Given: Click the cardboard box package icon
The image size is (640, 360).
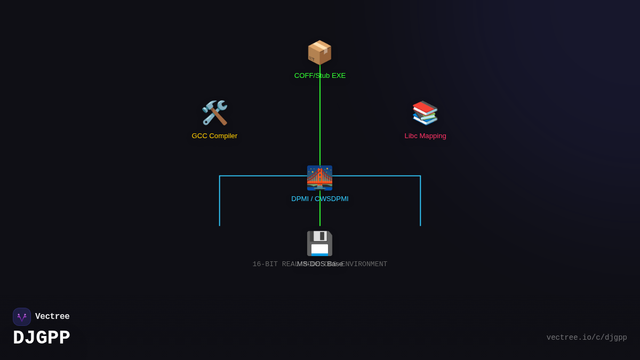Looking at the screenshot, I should pos(319,52).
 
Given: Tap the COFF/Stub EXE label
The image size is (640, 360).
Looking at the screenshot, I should pos(319,76).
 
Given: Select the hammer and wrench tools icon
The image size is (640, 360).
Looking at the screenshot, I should pos(214,113).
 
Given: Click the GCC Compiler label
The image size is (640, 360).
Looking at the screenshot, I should pos(214,136).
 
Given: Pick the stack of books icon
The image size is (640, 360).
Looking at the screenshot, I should pos(425,113).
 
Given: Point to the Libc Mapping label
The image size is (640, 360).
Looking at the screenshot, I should pos(425,136).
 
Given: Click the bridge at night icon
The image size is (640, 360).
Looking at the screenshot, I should pos(319,178).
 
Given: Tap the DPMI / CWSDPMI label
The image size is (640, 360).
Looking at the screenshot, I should pos(319,199).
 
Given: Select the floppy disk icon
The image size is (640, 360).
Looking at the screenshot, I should pos(319,243).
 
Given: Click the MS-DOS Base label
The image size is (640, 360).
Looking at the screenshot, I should pos(320,264).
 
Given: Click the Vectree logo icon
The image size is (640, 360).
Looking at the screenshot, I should pos(22,317).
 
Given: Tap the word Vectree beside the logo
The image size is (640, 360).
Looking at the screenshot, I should pos(52,317).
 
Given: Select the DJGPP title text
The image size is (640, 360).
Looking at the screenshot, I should pos(42,338).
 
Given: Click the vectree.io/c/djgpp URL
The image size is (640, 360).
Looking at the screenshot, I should pos(587,338).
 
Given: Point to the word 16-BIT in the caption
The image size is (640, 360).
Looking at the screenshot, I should pos(265,265).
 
